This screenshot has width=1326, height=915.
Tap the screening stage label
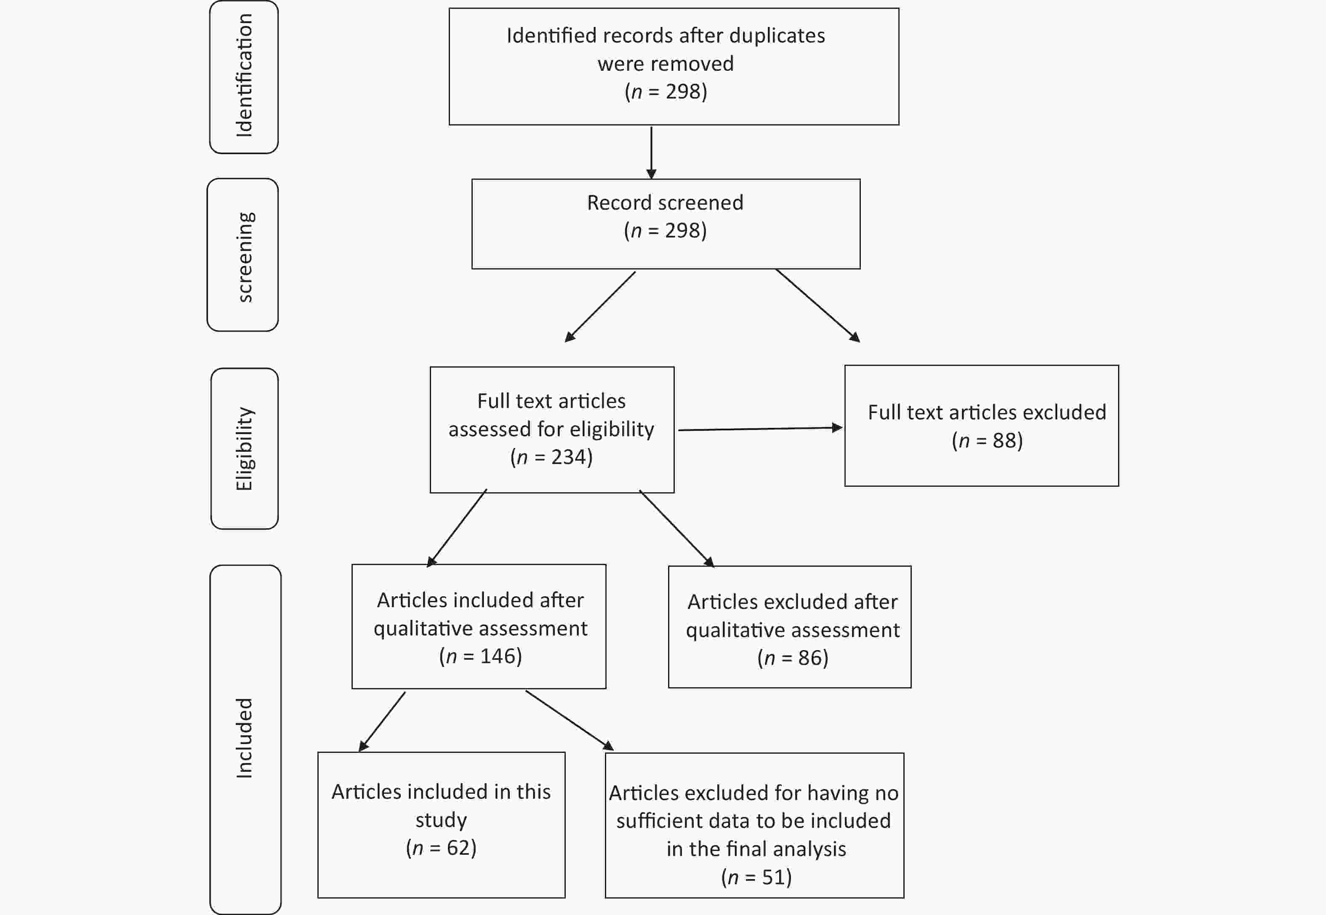tap(244, 257)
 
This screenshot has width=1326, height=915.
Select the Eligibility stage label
tap(244, 448)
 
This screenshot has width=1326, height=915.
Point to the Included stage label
tap(244, 737)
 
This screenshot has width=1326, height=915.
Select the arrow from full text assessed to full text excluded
tap(760, 428)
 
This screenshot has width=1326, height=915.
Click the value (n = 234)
tap(551, 457)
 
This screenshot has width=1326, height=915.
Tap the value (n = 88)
tap(987, 440)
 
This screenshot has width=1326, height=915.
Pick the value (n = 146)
tap(480, 656)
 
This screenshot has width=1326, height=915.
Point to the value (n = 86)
tap(793, 658)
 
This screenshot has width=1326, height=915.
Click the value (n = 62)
tap(441, 847)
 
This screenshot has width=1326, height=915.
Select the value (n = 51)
tap(756, 877)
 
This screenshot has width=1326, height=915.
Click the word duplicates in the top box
tap(777, 35)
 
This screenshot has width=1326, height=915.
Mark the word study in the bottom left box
tap(441, 820)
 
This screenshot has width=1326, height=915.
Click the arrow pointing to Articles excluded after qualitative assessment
tap(677, 528)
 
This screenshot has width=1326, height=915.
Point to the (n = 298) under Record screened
tap(665, 230)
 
